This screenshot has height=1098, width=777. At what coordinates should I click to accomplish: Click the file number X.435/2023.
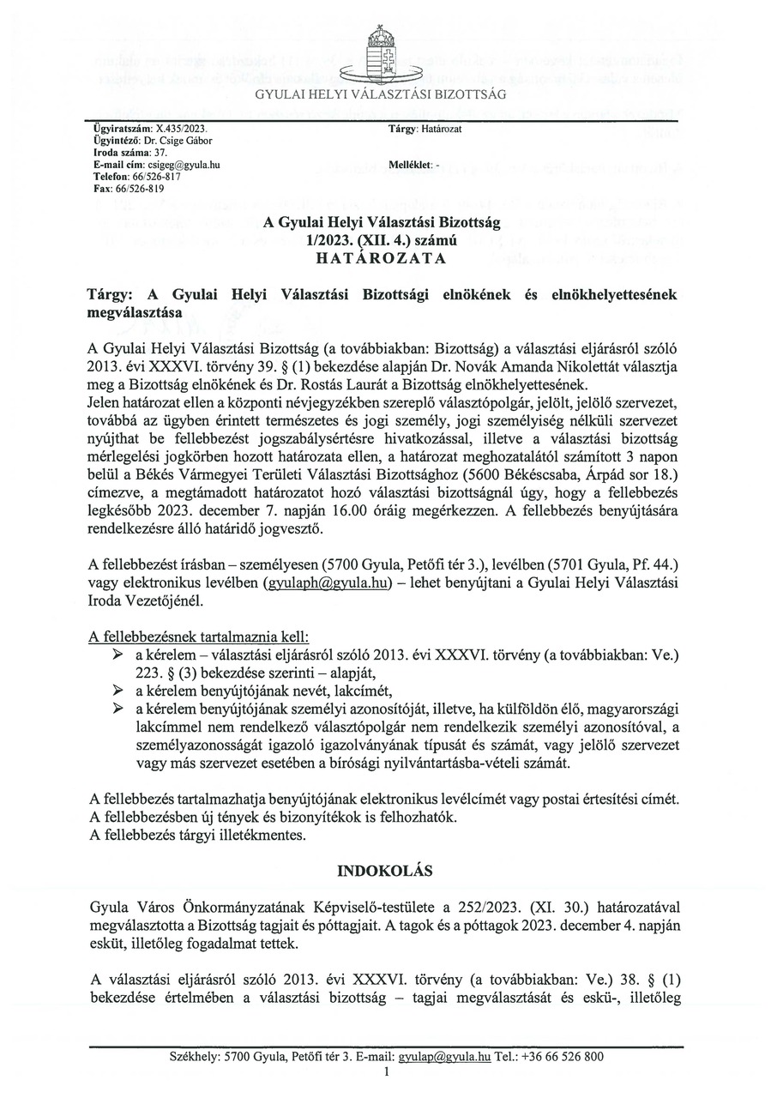point(174,128)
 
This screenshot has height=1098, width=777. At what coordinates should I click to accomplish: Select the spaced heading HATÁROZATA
point(388,256)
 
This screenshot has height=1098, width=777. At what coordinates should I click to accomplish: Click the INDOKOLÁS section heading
point(388,870)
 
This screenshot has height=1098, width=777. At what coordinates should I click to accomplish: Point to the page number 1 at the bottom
point(388,1071)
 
